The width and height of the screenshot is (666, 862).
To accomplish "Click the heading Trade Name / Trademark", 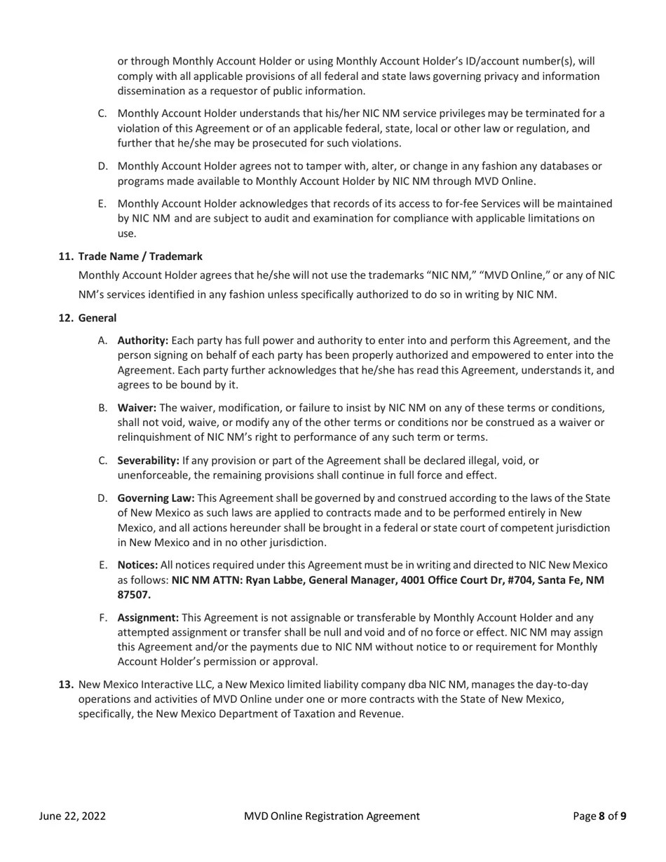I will click(x=140, y=256).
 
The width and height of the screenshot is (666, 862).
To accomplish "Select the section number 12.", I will click(x=66, y=318).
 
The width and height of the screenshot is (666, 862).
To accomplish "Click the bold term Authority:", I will click(x=142, y=341).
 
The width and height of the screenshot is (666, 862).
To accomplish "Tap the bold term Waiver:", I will click(x=137, y=408).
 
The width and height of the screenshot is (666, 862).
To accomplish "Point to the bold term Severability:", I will click(x=148, y=460).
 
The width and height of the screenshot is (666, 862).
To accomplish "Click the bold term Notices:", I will click(x=137, y=565).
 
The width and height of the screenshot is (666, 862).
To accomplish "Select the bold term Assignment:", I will click(x=148, y=617).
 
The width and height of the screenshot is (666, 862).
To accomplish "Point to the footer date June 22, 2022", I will click(x=72, y=816).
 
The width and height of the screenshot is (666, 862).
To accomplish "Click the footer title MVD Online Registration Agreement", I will click(x=332, y=816).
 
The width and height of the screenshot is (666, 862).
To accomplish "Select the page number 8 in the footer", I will click(x=602, y=816).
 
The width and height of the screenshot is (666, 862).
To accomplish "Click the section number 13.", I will click(x=66, y=684).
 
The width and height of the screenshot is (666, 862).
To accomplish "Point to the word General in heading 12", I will click(x=97, y=318).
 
